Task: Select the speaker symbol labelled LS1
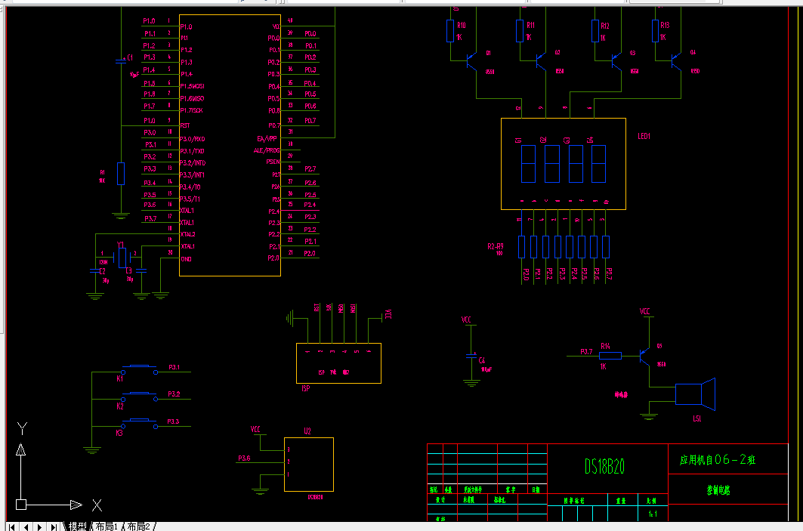[x=695, y=394]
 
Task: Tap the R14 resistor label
[x=605, y=346]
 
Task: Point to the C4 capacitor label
[x=483, y=360]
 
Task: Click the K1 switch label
[x=119, y=379]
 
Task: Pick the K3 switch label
[x=119, y=434]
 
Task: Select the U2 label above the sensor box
[x=307, y=431]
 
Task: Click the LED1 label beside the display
[x=644, y=137]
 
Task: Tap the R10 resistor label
[x=462, y=25]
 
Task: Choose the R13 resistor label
[x=664, y=25]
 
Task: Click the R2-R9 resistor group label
[x=496, y=246]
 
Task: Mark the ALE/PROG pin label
[x=267, y=150]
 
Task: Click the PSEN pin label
[x=273, y=162]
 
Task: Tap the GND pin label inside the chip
[x=186, y=259]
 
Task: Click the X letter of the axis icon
[x=97, y=505]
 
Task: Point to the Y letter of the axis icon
[x=23, y=429]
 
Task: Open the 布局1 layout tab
[x=106, y=526]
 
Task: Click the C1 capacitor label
[x=130, y=57]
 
